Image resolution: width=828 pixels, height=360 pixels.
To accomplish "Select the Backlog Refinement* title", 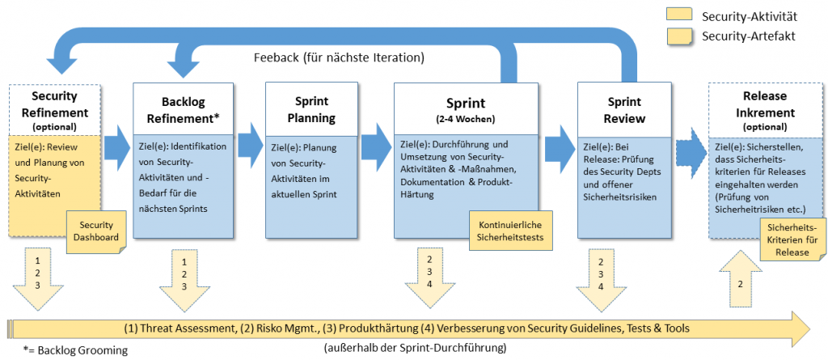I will point(183,110).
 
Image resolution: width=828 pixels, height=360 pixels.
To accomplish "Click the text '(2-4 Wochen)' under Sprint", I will point(466,120).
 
